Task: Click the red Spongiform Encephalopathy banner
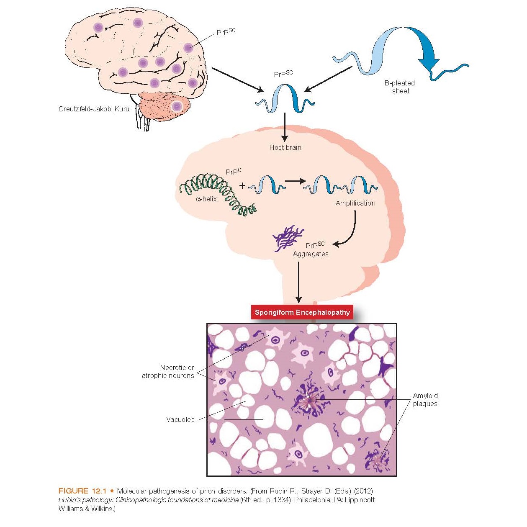tap(302, 312)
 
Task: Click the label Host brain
tap(285, 147)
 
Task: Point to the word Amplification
tap(355, 203)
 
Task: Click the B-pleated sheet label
tap(400, 87)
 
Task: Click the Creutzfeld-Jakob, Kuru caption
tap(94, 109)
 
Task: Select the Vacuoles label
tap(180, 419)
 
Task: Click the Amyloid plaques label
tap(425, 400)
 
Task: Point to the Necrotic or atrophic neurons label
tap(168, 372)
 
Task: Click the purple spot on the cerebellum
tap(177, 106)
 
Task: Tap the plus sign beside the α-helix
tap(242, 185)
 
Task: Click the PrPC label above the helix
tap(233, 172)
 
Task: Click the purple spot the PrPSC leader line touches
tap(188, 48)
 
